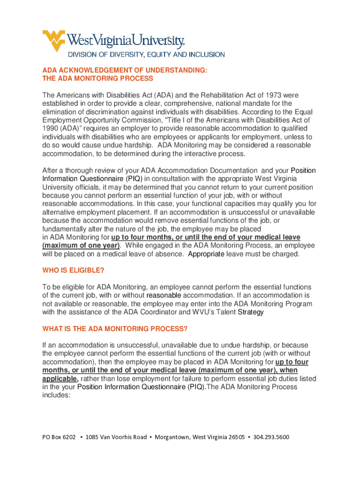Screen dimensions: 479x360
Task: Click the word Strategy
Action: click(x=251, y=312)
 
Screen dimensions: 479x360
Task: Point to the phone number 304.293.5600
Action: click(x=271, y=437)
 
